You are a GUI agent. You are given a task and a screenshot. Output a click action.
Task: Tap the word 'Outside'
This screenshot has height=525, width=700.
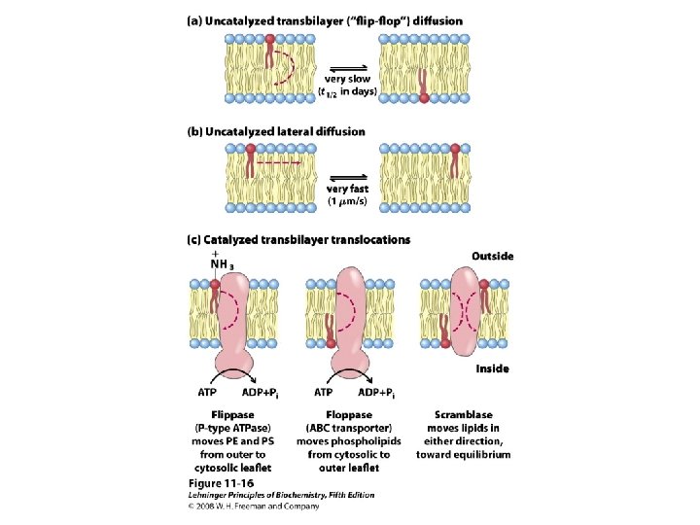point(492,257)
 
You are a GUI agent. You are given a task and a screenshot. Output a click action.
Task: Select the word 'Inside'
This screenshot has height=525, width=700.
point(492,369)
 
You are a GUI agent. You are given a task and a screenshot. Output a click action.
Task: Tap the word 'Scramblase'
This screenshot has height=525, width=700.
point(463,415)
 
